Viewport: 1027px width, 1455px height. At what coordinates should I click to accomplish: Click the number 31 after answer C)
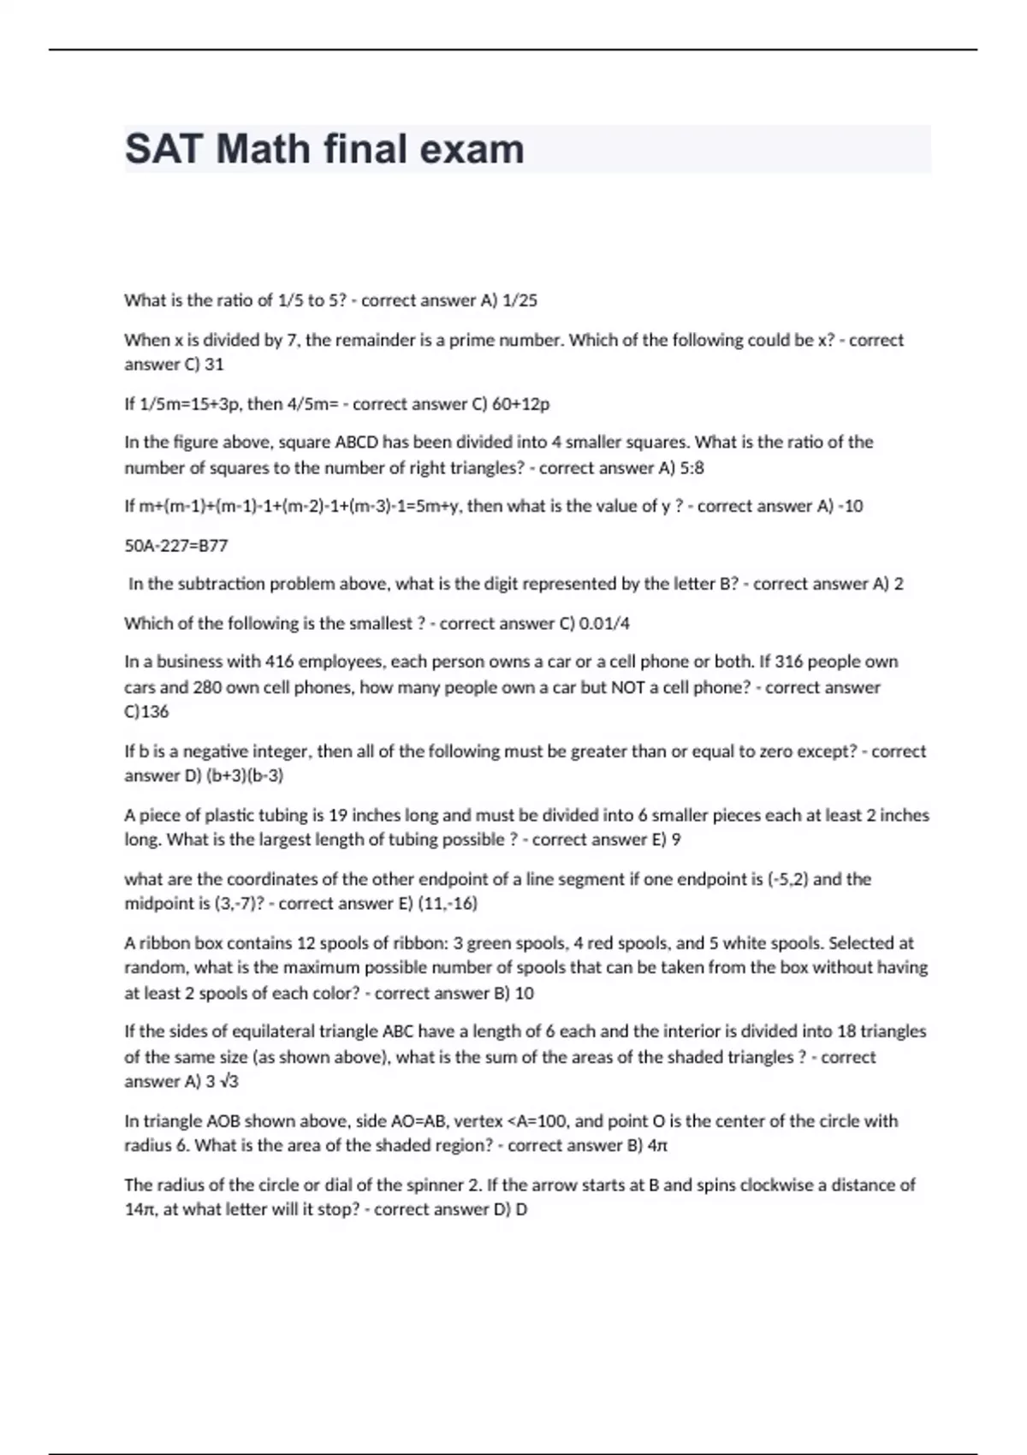point(214,364)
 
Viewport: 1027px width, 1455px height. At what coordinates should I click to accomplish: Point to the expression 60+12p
point(521,403)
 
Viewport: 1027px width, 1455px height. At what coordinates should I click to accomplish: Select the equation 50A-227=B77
point(176,545)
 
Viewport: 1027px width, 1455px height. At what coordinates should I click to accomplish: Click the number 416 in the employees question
point(282,662)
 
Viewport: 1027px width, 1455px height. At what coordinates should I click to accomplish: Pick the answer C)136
point(146,711)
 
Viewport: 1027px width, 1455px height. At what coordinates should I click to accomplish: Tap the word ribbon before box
point(163,943)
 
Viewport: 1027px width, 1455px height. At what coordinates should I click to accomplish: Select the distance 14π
point(139,1210)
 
